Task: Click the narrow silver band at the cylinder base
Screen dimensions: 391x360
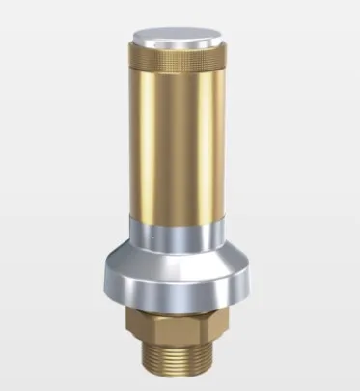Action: (180, 233)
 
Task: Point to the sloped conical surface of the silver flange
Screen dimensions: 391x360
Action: (180, 257)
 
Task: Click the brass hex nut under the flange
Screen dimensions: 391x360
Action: (180, 322)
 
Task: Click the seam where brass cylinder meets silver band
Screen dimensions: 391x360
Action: (180, 221)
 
